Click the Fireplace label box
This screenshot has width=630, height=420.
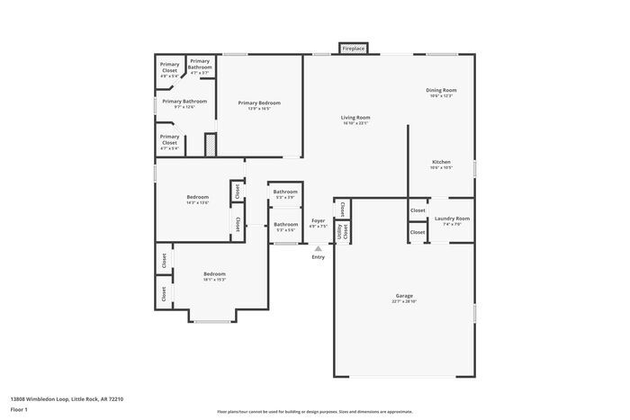click(x=354, y=49)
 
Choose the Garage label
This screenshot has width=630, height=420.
click(x=404, y=298)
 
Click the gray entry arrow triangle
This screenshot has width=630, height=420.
click(x=318, y=249)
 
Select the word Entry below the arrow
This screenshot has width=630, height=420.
click(x=318, y=258)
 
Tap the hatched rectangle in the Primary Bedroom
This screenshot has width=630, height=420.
click(x=210, y=145)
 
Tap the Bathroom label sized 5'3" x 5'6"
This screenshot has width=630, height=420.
click(x=285, y=226)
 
